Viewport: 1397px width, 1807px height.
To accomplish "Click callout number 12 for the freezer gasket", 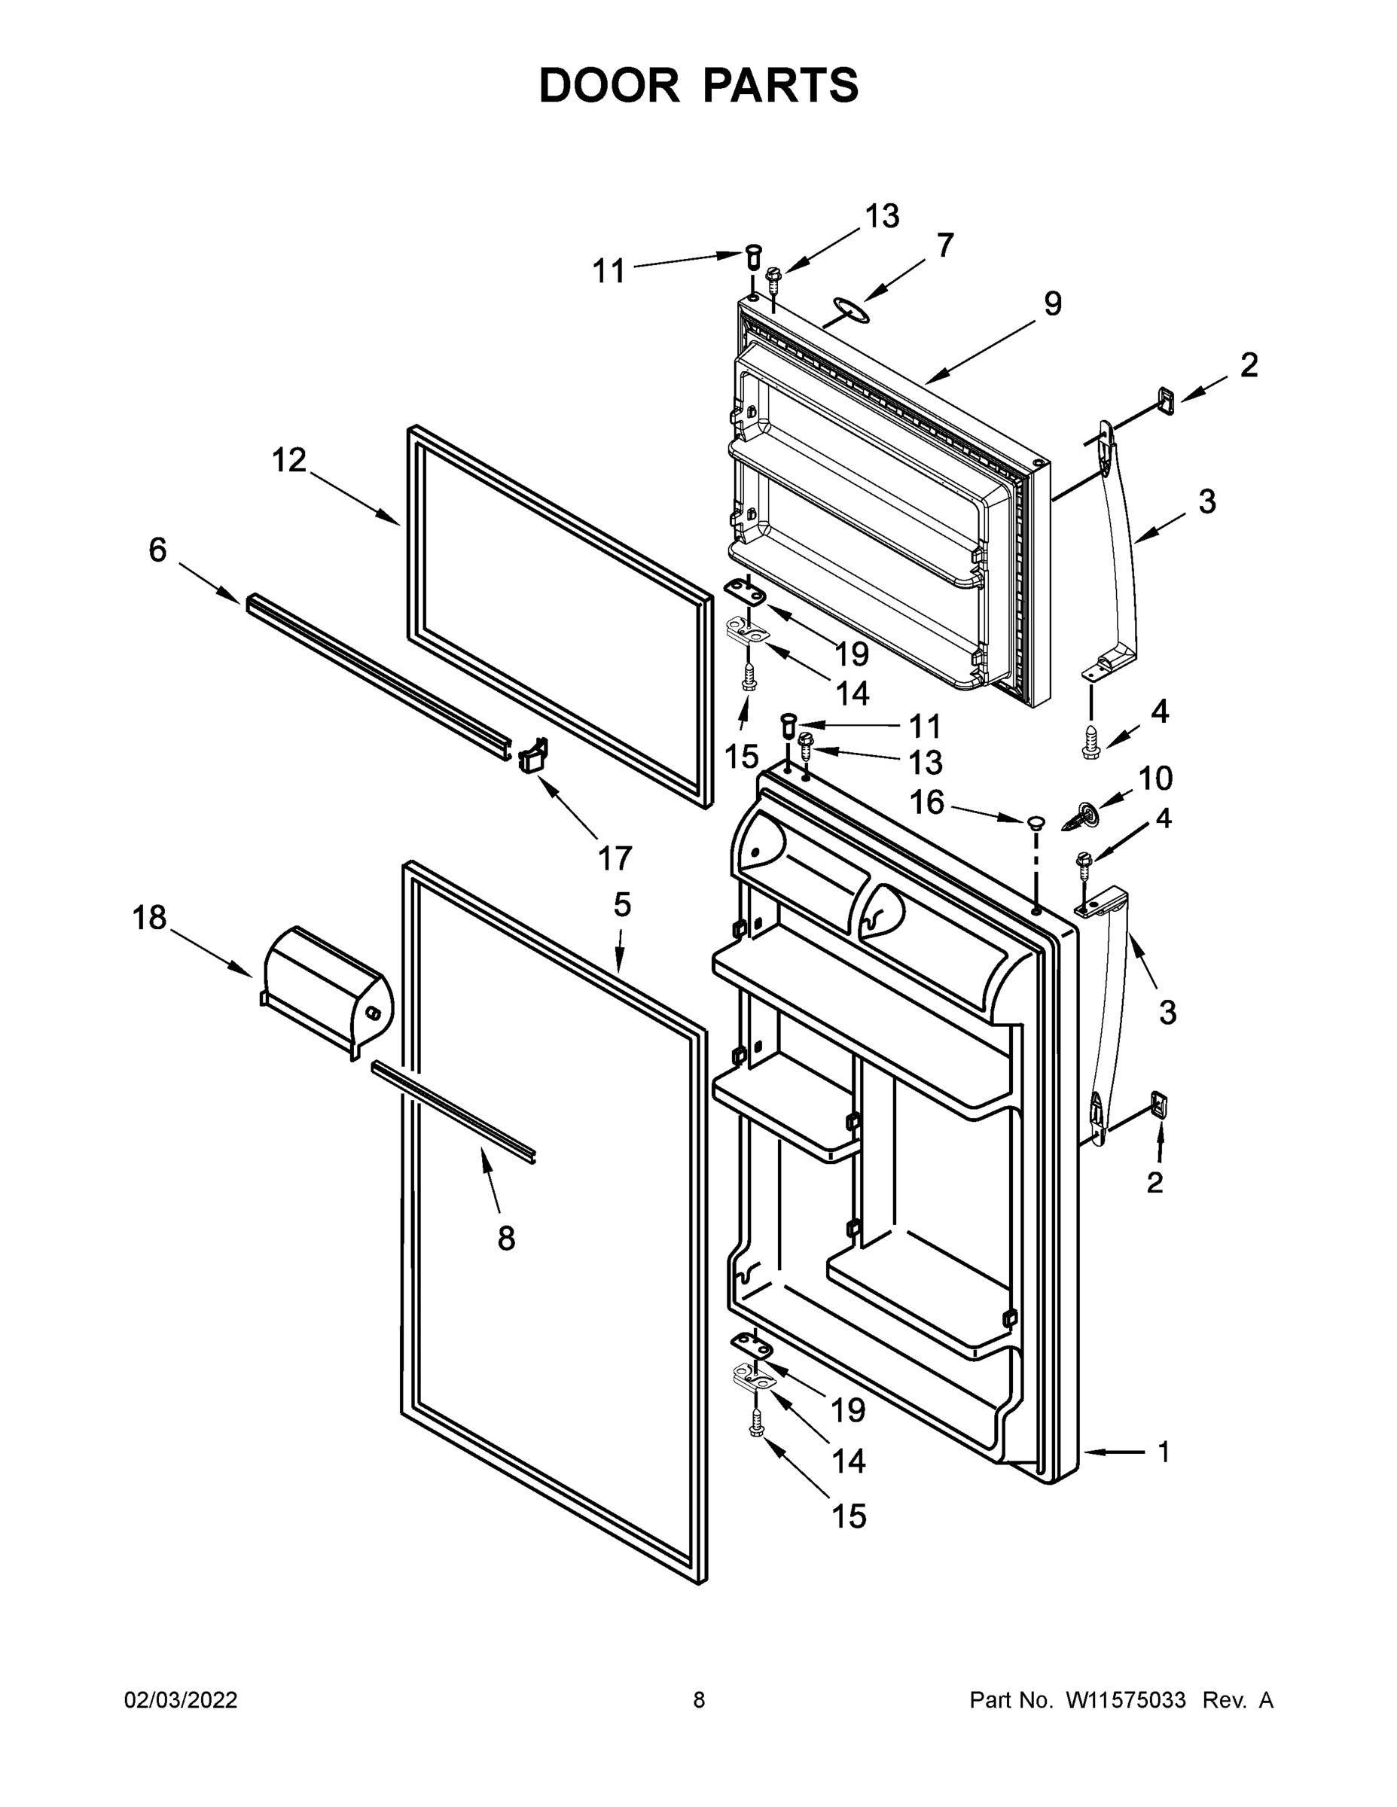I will (x=290, y=460).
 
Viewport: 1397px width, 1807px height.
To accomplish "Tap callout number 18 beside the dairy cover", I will (x=150, y=918).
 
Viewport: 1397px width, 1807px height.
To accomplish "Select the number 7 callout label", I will (x=945, y=245).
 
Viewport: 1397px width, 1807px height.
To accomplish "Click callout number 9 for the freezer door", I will (x=1052, y=304).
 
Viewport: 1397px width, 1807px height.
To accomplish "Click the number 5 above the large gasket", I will (x=622, y=905).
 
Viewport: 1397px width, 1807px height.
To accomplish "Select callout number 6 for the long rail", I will (x=157, y=550).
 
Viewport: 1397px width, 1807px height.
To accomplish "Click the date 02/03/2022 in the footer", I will (x=181, y=1699).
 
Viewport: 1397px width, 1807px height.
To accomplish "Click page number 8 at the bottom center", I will (x=699, y=1699).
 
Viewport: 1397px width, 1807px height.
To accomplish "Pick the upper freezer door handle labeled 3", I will (x=1121, y=546).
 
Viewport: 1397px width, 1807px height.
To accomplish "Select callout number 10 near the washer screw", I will (x=1155, y=779).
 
